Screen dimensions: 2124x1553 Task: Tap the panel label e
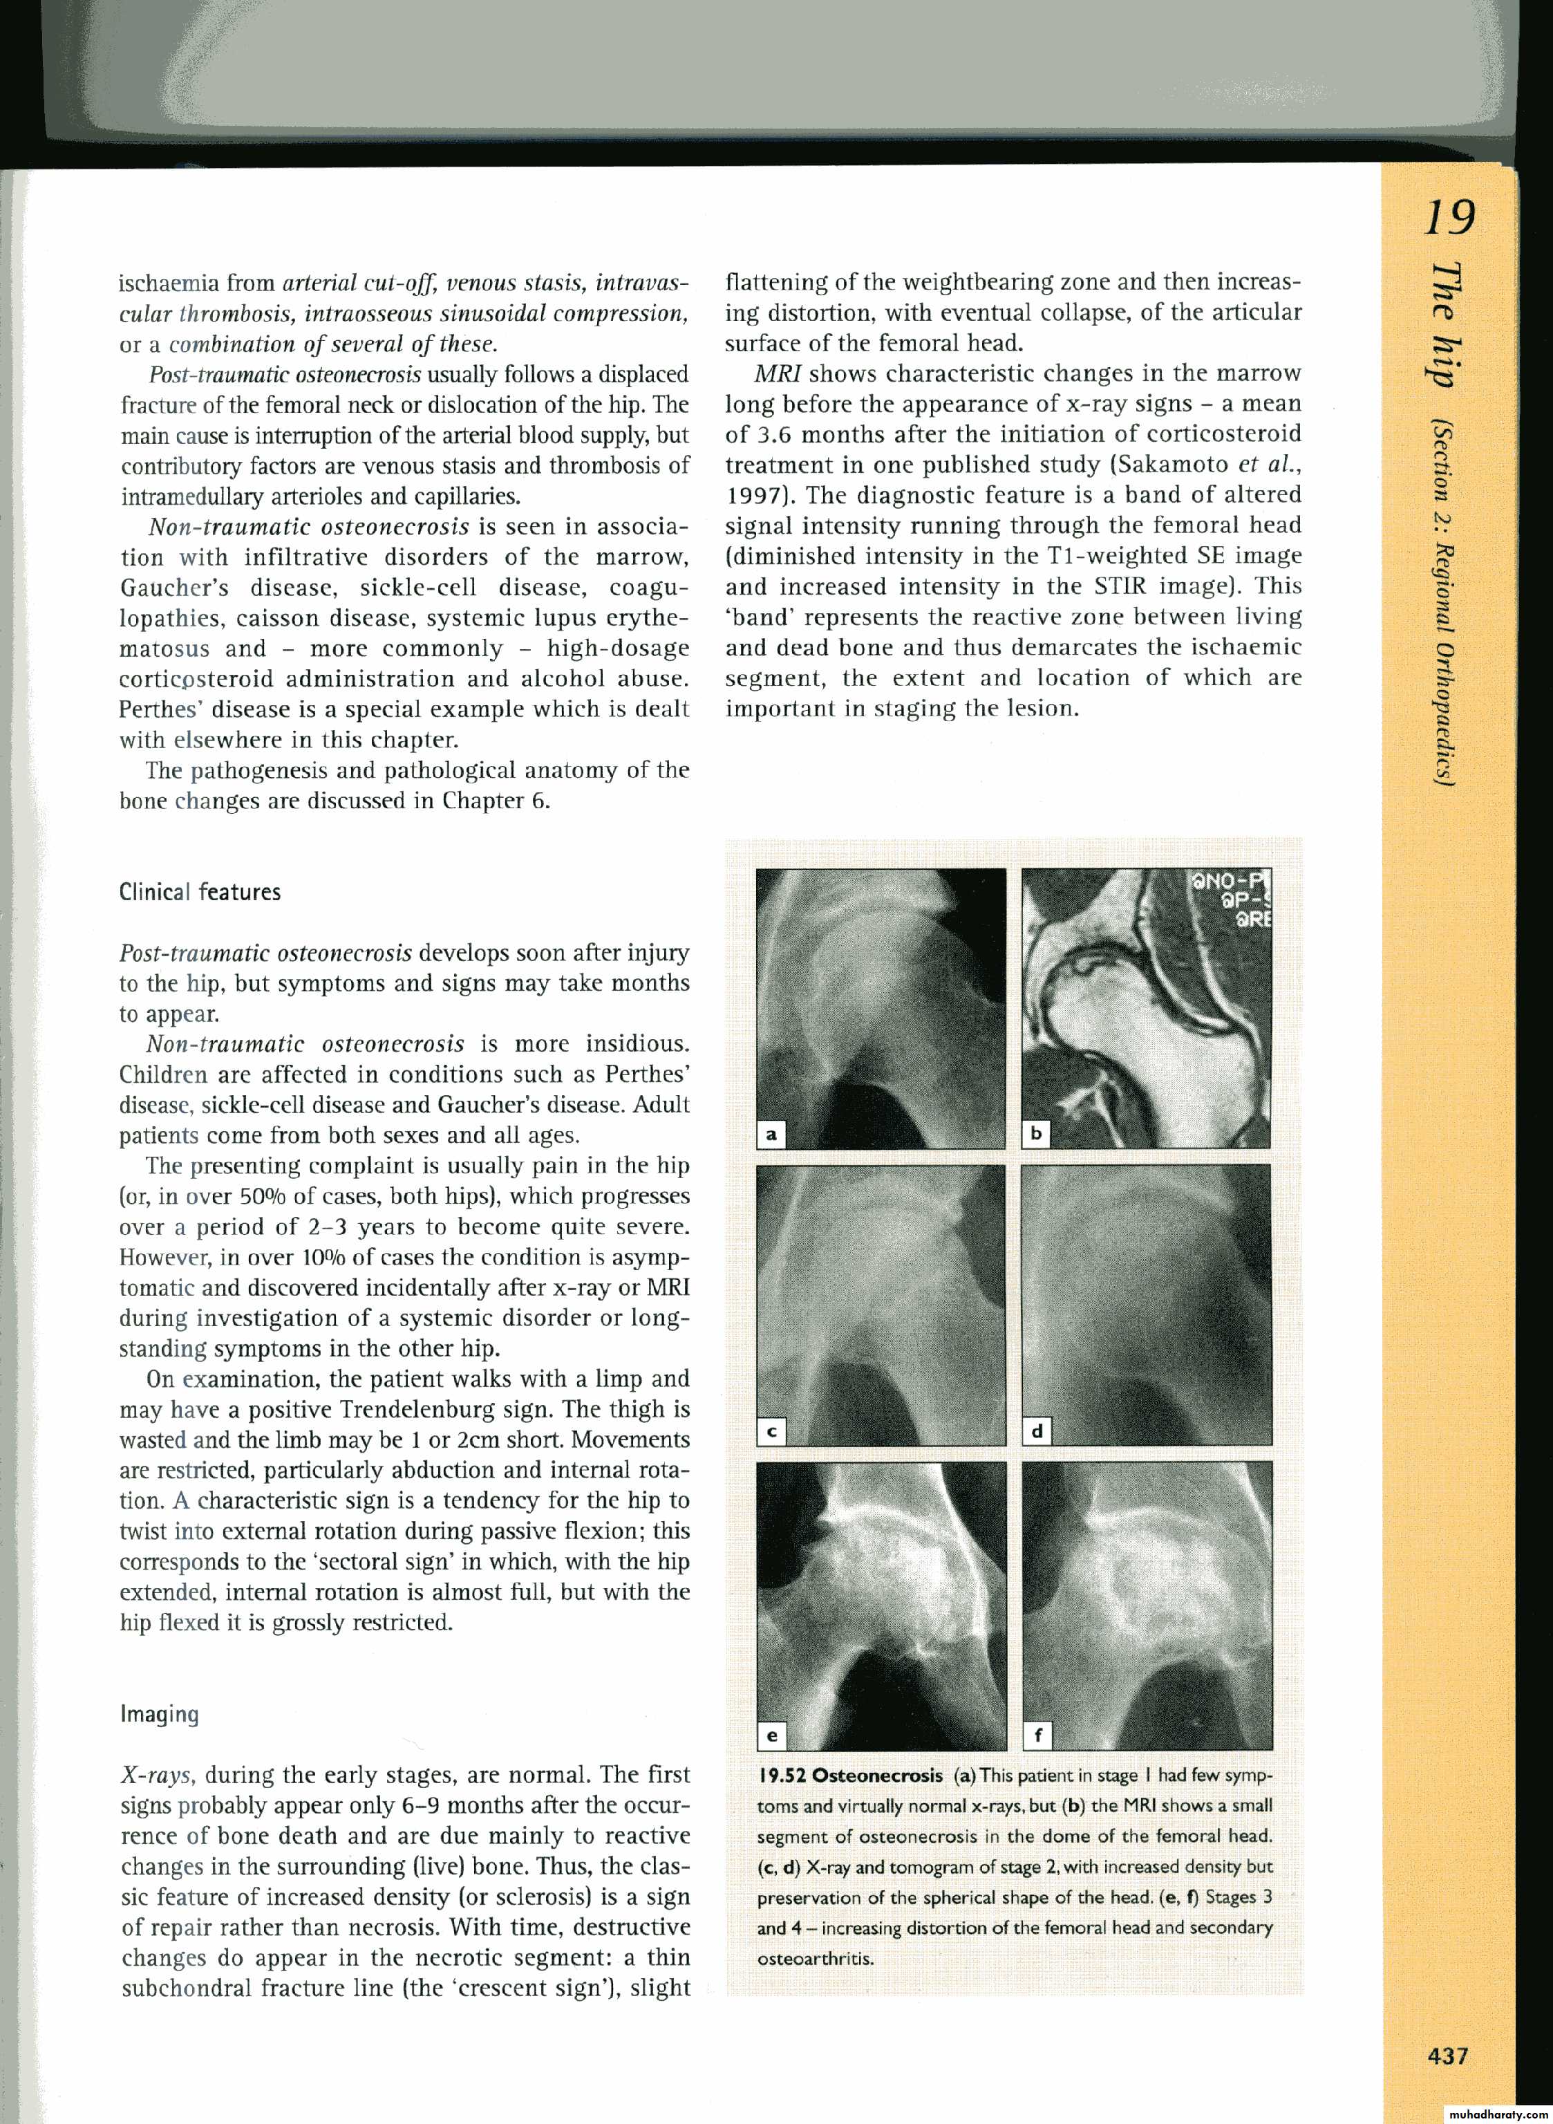(x=771, y=1735)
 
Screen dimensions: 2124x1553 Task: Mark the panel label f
(x=1036, y=1735)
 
